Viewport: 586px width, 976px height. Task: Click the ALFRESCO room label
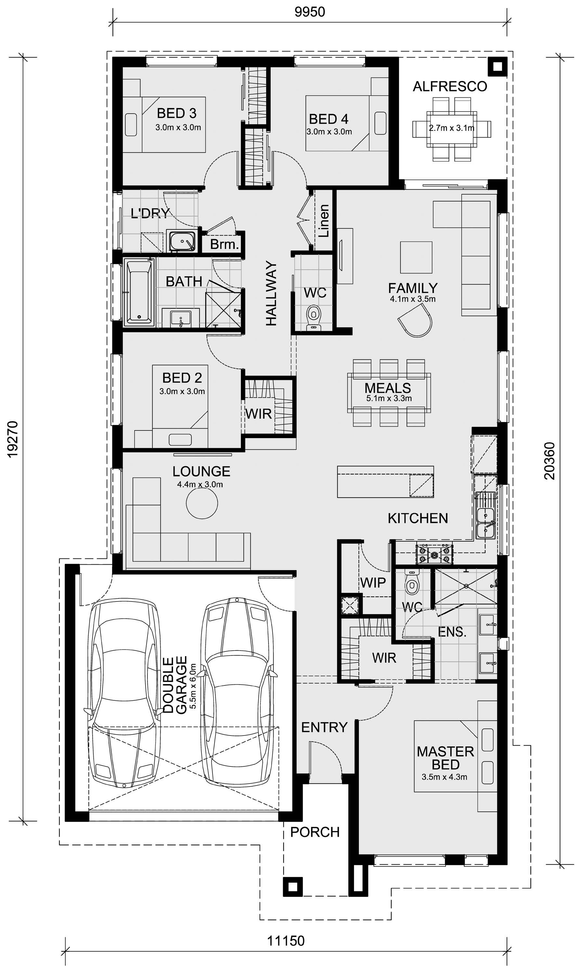450,87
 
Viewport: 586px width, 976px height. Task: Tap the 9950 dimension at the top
310,12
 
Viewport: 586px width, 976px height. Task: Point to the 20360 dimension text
550,461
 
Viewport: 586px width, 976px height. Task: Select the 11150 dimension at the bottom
286,941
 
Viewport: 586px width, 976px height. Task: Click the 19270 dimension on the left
13,439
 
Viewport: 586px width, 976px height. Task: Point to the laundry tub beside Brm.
182,241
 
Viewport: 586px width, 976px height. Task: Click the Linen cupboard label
324,221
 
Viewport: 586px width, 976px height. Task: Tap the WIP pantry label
373,583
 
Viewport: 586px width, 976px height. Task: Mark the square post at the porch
293,887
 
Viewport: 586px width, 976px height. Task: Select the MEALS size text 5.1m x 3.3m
389,398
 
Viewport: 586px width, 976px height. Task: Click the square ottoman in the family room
416,257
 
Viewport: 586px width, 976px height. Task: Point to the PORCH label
315,832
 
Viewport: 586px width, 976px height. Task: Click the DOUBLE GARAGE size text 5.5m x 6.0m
193,686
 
